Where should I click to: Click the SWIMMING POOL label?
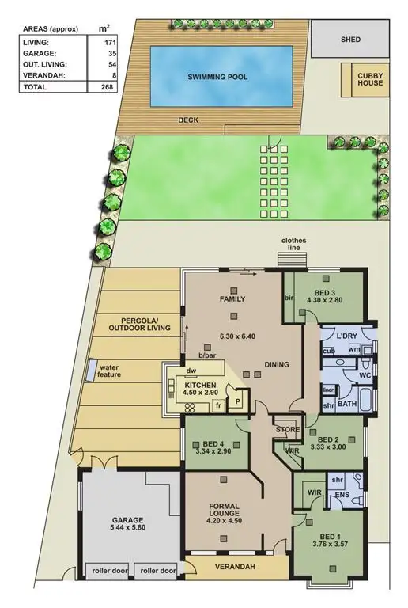coord(217,77)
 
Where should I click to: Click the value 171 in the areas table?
coord(125,41)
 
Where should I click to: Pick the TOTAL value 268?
coord(124,87)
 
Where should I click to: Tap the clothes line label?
coord(293,244)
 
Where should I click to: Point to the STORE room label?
coord(287,430)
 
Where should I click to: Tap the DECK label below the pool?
coord(188,120)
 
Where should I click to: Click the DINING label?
coord(277,365)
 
